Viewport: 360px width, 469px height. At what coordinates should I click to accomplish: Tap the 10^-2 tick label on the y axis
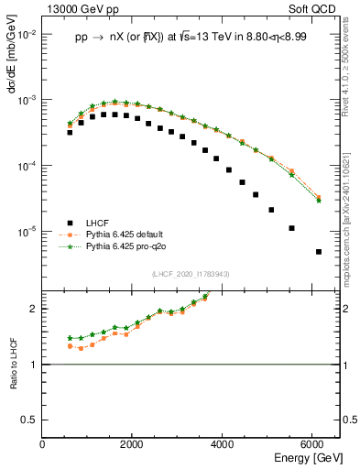(27, 34)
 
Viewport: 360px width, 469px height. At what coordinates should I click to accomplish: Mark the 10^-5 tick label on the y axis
(27, 232)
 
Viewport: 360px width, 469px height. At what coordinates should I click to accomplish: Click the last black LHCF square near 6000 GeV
(318, 252)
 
